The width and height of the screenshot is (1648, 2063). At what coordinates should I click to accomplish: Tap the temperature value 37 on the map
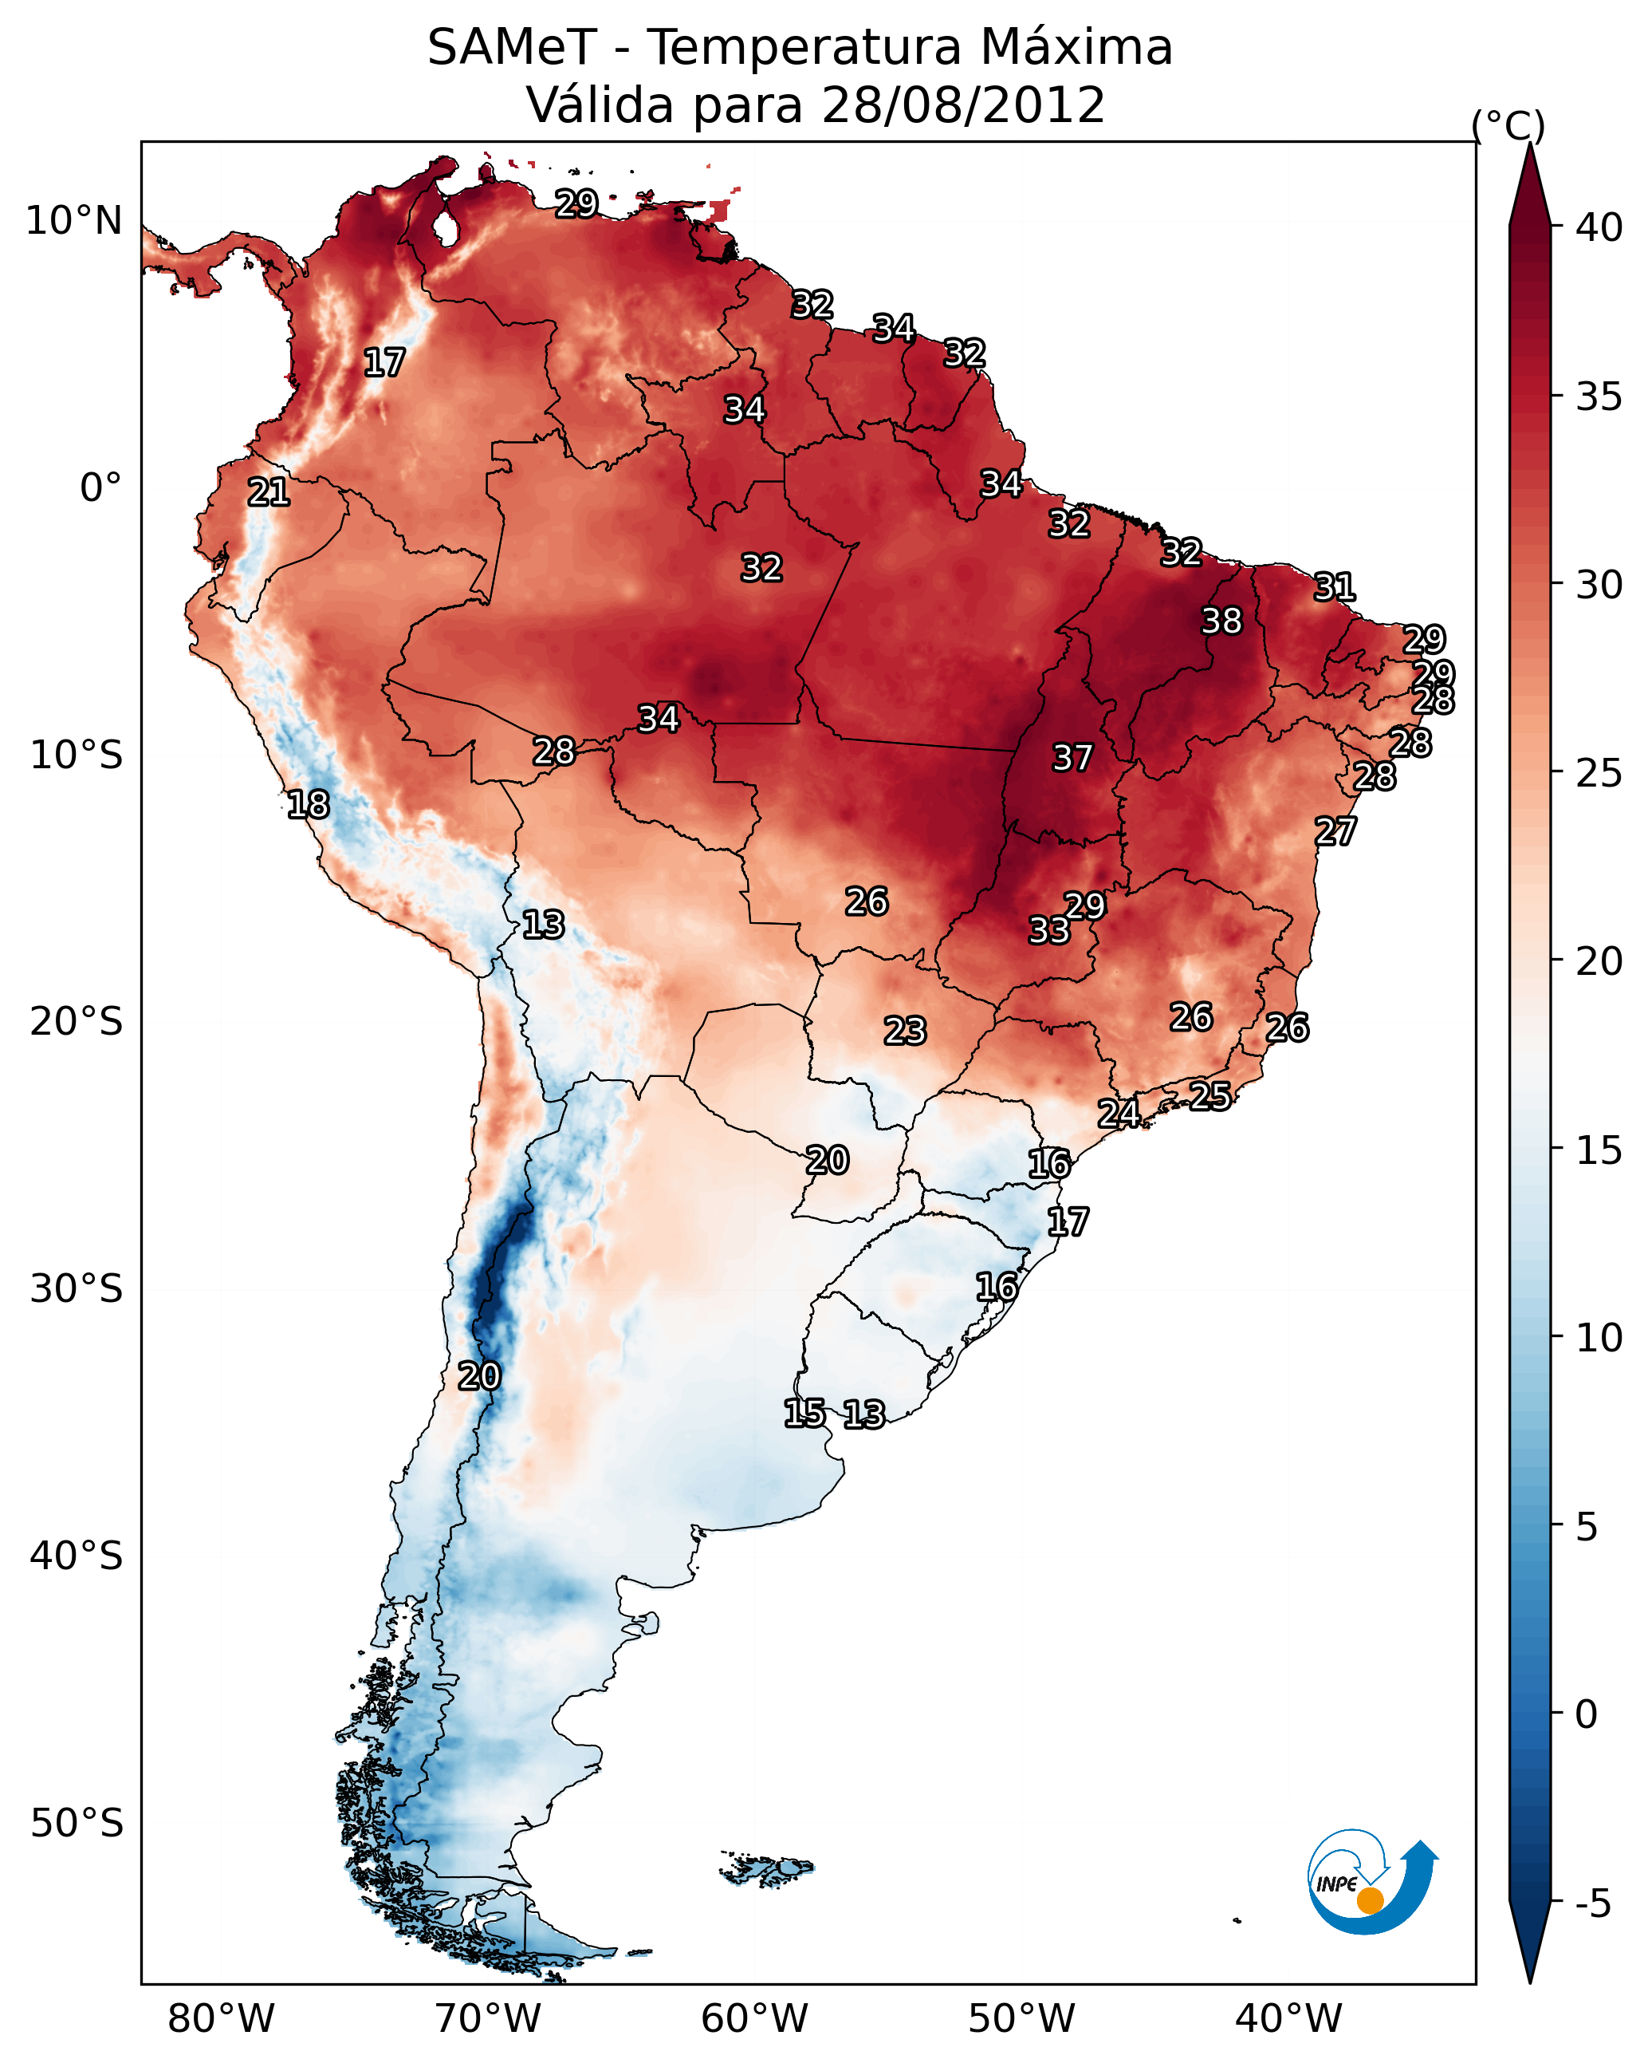pyautogui.click(x=1072, y=758)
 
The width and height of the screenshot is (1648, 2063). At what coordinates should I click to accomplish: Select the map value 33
pyautogui.click(x=1048, y=930)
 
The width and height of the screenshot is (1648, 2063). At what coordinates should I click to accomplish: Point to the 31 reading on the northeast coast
pyautogui.click(x=1335, y=586)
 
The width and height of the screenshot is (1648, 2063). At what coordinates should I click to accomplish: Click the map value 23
pyautogui.click(x=905, y=1031)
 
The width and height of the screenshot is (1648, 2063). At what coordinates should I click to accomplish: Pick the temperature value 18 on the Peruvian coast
pyautogui.click(x=308, y=805)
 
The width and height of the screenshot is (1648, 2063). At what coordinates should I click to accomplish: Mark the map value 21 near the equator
pyautogui.click(x=269, y=493)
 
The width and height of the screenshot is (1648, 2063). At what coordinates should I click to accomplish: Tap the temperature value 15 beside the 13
pyautogui.click(x=804, y=1414)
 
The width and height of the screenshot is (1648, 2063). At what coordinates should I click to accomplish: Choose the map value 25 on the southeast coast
pyautogui.click(x=1210, y=1095)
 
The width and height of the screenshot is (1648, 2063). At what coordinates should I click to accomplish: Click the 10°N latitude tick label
pyautogui.click(x=73, y=221)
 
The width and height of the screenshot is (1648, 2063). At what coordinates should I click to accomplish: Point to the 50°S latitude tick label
pyautogui.click(x=77, y=1823)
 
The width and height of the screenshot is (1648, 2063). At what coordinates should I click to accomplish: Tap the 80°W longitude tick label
pyautogui.click(x=221, y=2018)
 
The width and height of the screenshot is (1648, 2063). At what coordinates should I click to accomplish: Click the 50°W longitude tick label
pyautogui.click(x=1021, y=2018)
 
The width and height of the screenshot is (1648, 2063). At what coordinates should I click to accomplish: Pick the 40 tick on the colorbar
pyautogui.click(x=1599, y=227)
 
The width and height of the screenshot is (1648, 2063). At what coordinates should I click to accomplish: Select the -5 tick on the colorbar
pyautogui.click(x=1591, y=1904)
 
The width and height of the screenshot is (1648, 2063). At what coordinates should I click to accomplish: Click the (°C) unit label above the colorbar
pyautogui.click(x=1508, y=125)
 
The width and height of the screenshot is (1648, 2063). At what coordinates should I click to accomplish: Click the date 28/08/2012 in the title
pyautogui.click(x=962, y=105)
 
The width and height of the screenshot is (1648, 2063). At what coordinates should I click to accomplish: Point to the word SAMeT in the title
pyautogui.click(x=512, y=48)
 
